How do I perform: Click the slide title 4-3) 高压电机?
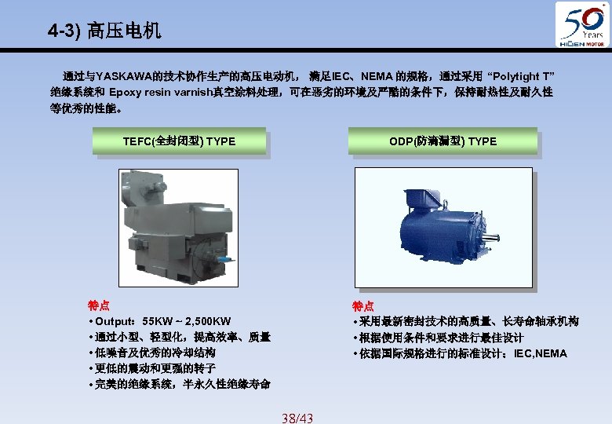pos(104,31)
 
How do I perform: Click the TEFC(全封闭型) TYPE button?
pos(179,141)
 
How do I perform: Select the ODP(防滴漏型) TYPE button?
pos(443,141)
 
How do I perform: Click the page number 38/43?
pos(297,419)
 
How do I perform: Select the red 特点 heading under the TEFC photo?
pos(99,305)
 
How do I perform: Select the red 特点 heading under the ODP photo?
pos(363,306)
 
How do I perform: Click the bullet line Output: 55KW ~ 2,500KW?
pos(160,321)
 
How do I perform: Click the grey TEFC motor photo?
pos(175,227)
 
